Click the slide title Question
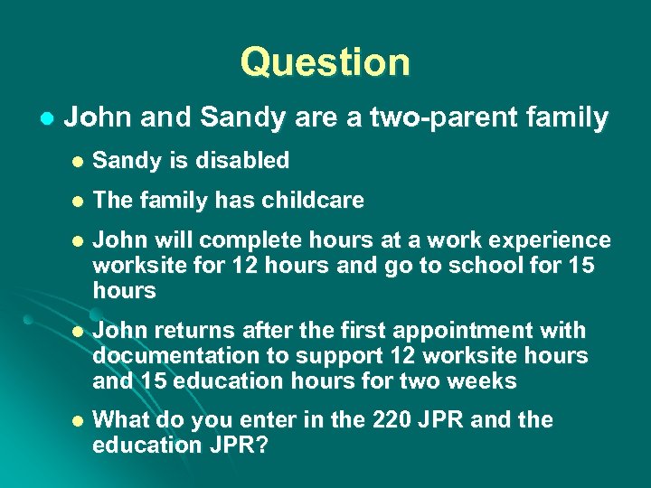pos(325,62)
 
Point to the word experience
pos(548,240)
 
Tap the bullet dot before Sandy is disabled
pos(79,162)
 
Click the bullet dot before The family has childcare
pos(79,202)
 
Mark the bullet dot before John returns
pos(79,332)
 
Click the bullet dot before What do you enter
pos(79,421)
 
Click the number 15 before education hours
pos(152,381)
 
